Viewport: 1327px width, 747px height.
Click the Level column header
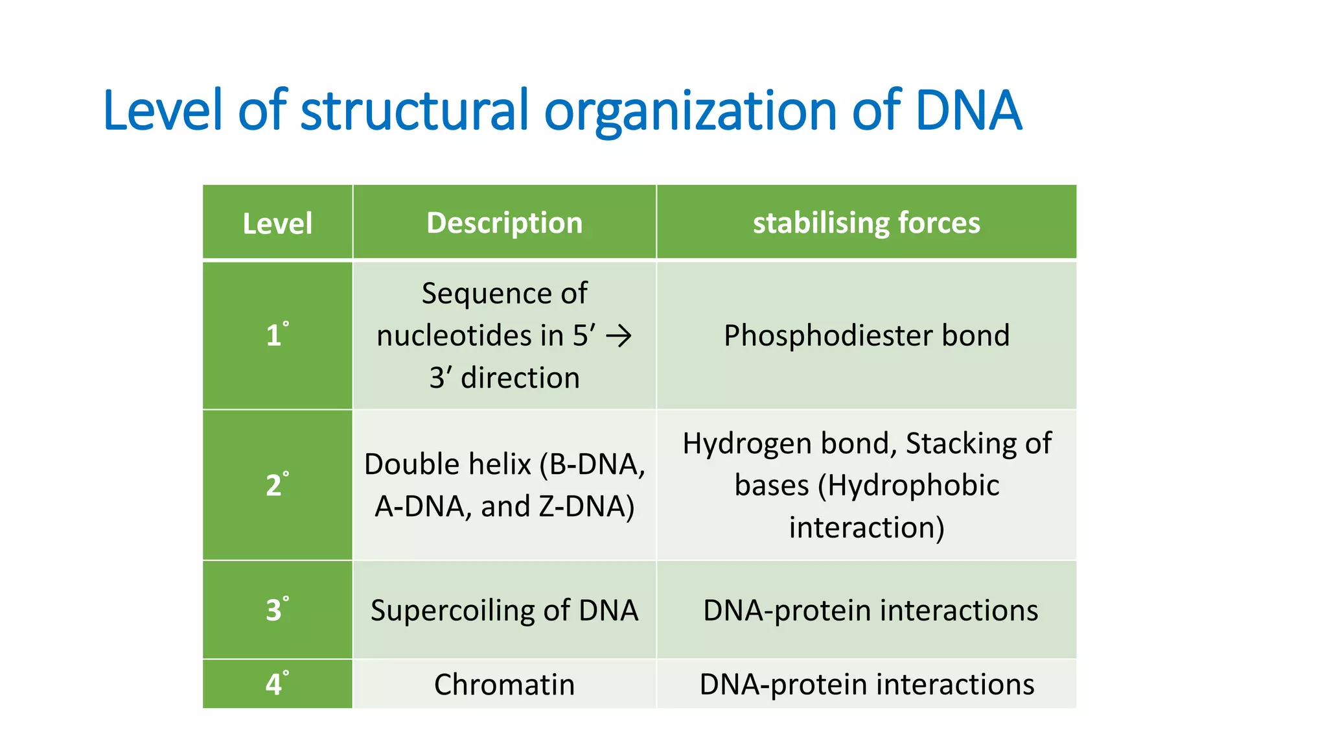pos(277,224)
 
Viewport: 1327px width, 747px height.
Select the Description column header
pos(504,223)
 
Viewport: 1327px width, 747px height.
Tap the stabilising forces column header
pos(866,223)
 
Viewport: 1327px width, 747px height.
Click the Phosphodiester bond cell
pos(866,336)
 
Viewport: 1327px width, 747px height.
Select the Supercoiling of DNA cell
pos(504,611)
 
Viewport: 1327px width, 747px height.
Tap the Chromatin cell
pos(504,685)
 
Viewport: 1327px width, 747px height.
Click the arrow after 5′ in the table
pos(618,337)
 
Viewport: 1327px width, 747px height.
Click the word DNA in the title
pos(968,111)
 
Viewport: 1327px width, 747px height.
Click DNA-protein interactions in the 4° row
pos(866,685)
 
